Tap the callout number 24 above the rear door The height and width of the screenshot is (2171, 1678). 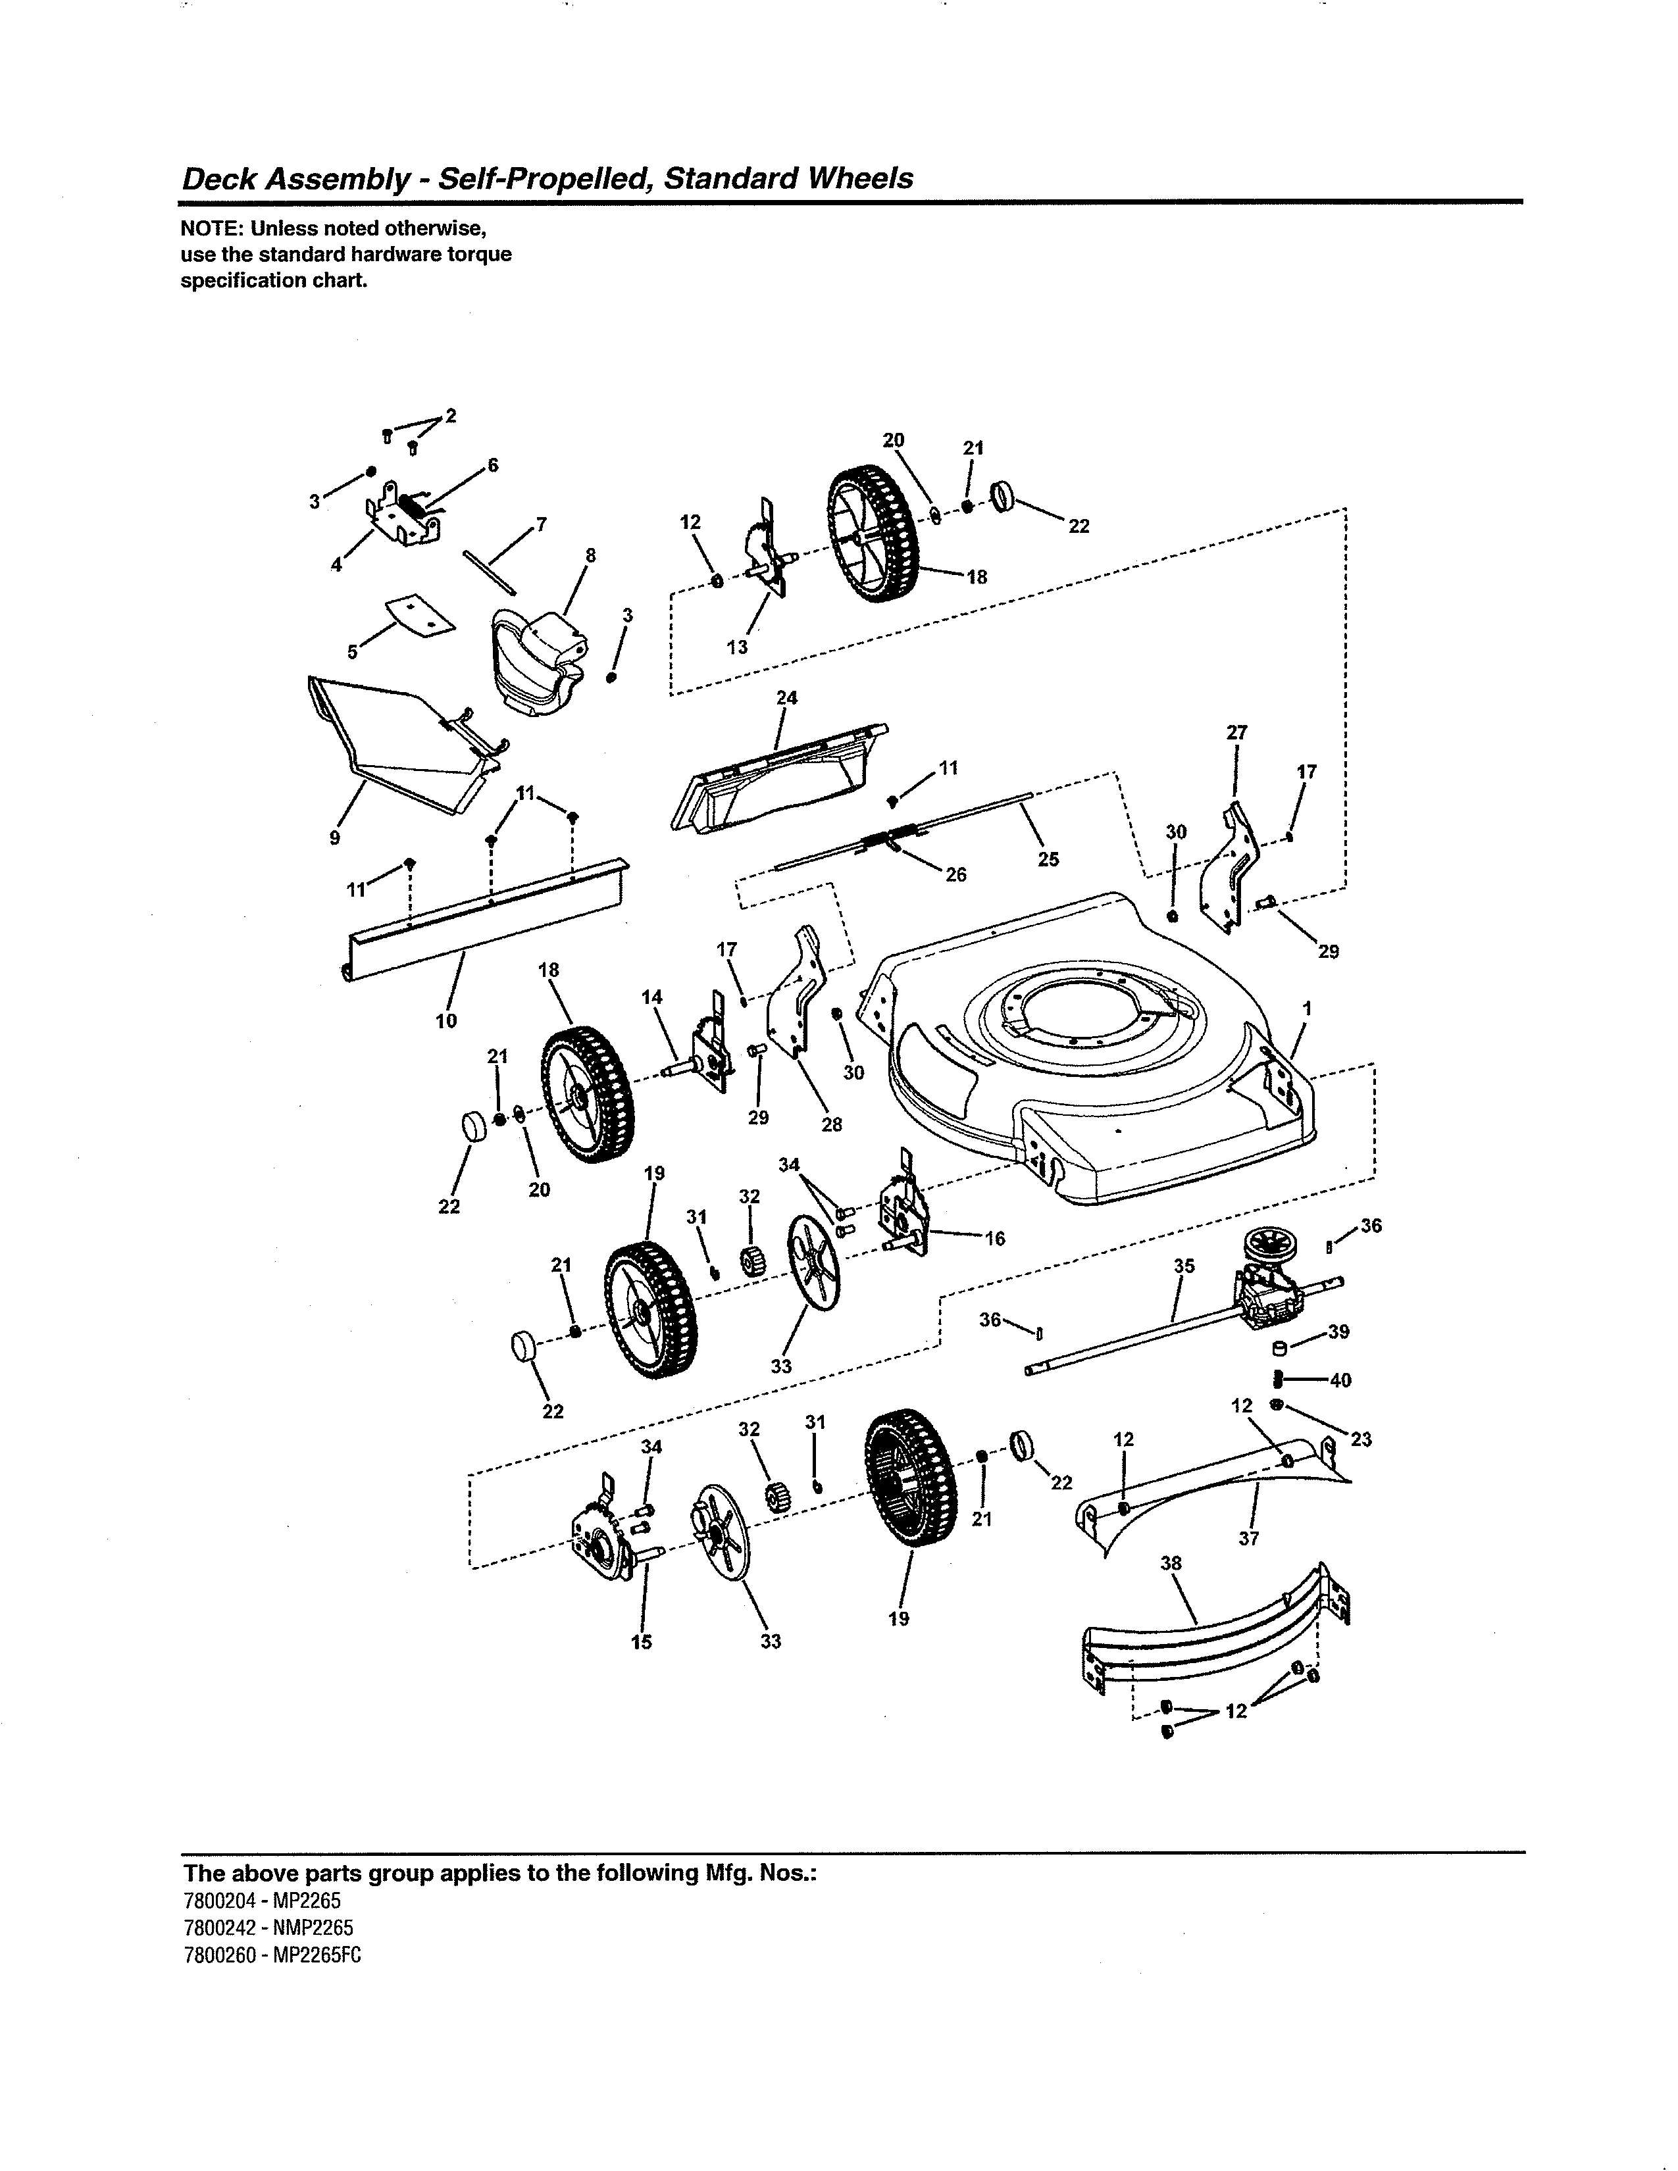tap(786, 698)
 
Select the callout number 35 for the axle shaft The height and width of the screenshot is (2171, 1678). tap(1184, 1265)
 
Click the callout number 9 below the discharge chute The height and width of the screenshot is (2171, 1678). tap(335, 838)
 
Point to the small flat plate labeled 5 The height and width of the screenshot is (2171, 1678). tap(420, 612)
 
